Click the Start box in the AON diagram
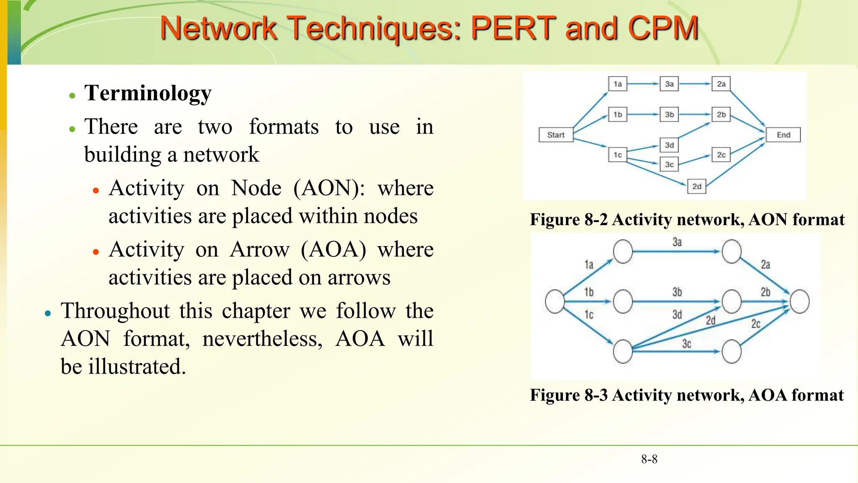556,135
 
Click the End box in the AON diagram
783,135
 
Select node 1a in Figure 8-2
618,84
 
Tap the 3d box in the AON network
669,145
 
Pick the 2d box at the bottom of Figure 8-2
696,186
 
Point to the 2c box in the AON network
721,155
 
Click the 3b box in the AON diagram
669,114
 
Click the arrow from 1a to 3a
643,84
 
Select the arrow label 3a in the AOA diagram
677,242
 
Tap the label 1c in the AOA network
589,315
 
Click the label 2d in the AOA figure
711,321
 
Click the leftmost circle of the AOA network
555,301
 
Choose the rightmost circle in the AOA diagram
799,301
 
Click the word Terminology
148,93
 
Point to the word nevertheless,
262,339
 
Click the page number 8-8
649,459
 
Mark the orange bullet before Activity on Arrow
96,252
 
